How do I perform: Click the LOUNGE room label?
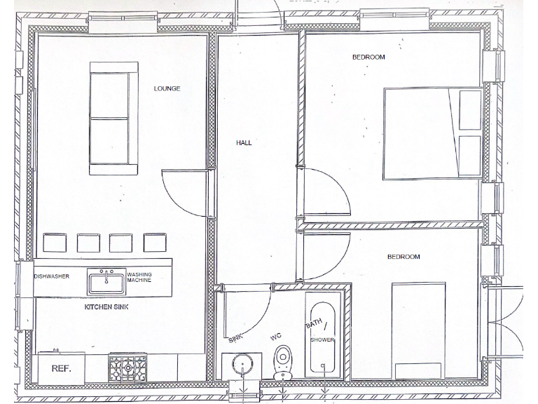tap(167, 88)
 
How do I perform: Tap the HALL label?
tap(244, 142)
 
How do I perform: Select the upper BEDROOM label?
tap(368, 58)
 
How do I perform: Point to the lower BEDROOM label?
tap(403, 257)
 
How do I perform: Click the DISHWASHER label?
tap(52, 276)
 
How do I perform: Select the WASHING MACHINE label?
tap(139, 278)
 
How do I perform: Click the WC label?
tap(276, 337)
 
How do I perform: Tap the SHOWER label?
tap(323, 340)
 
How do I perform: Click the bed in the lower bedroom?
tap(418, 330)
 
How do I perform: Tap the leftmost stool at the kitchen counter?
tap(54, 243)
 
